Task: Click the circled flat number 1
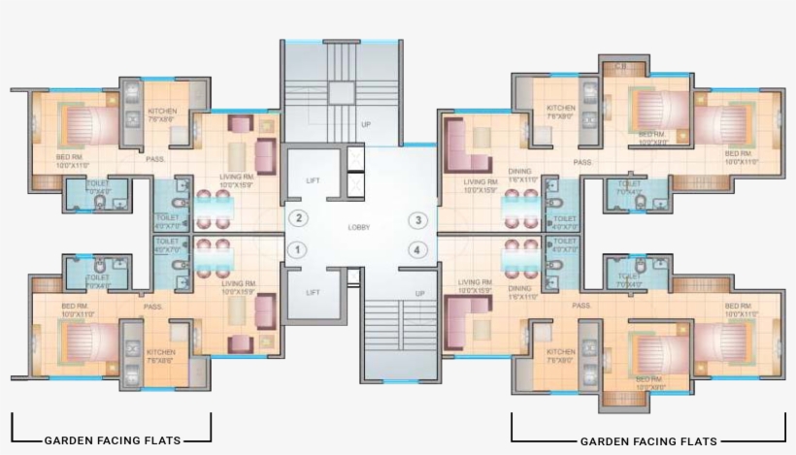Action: (298, 250)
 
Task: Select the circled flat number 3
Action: (417, 220)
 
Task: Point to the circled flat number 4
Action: (417, 250)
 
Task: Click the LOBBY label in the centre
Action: (358, 227)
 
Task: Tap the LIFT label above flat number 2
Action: (313, 181)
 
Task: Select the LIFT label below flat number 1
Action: (313, 291)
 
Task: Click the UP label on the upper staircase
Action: (366, 124)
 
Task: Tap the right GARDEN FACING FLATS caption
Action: (648, 440)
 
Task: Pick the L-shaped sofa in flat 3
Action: (465, 142)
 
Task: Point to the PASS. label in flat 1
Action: (153, 307)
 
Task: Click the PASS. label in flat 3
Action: (582, 162)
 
